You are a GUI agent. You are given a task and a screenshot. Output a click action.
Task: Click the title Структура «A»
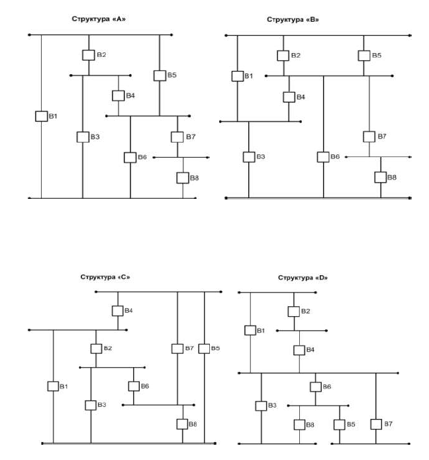99,19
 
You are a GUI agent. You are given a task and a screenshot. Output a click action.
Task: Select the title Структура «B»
293,20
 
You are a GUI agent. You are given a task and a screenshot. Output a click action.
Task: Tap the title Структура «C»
105,276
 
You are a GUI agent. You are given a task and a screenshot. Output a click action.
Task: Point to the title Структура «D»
303,277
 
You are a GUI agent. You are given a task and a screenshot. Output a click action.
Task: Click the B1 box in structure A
41,117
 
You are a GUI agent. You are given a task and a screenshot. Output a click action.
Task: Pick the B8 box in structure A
183,178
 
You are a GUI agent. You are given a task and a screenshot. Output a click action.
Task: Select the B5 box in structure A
160,76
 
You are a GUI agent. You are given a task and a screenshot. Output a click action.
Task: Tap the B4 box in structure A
118,95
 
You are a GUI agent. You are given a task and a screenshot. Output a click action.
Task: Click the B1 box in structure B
238,76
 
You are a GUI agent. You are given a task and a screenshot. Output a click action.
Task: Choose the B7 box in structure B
369,137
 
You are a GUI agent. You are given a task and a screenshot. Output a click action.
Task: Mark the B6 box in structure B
323,156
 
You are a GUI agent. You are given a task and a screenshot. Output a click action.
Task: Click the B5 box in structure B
363,56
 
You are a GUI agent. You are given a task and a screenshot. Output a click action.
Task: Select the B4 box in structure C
118,310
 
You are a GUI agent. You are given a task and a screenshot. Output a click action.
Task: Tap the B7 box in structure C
177,348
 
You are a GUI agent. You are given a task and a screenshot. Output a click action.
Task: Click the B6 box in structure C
134,386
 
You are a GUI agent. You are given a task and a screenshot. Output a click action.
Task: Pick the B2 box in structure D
294,311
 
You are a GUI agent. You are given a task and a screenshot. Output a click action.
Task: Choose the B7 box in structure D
376,424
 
